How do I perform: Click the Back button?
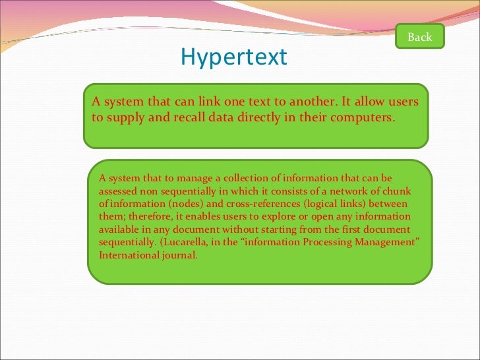(419, 37)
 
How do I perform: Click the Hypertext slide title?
(234, 57)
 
